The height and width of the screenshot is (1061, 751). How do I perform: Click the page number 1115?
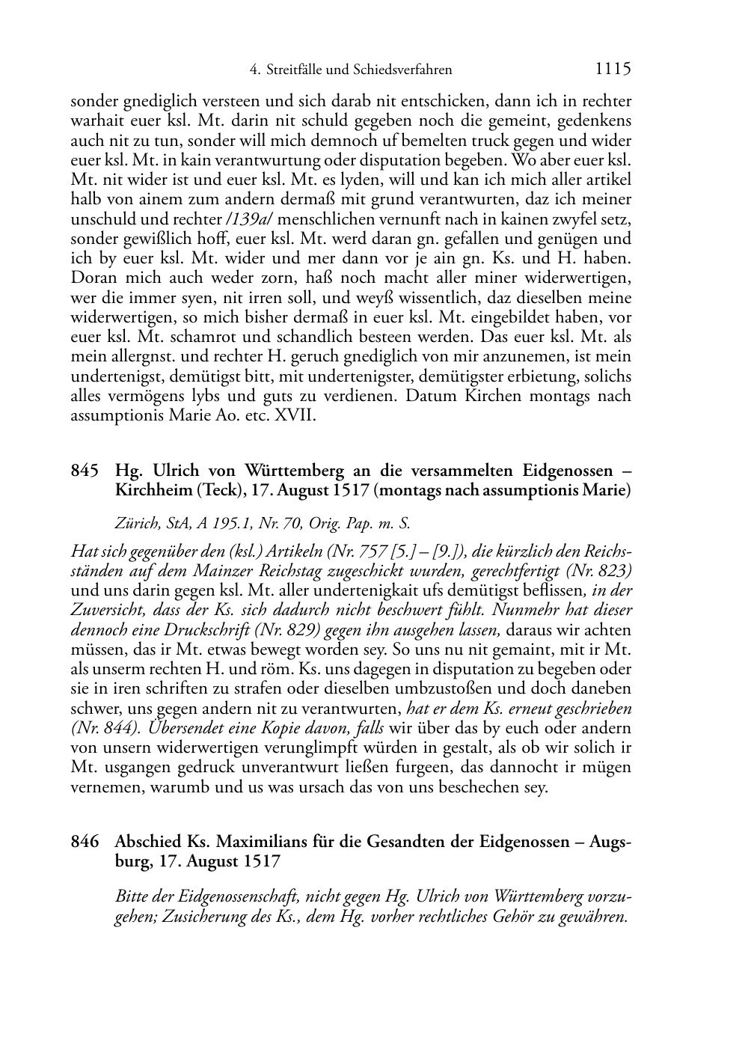point(613,69)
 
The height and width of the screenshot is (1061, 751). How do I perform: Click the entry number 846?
point(85,842)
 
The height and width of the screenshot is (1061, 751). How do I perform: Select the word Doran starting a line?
point(91,278)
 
